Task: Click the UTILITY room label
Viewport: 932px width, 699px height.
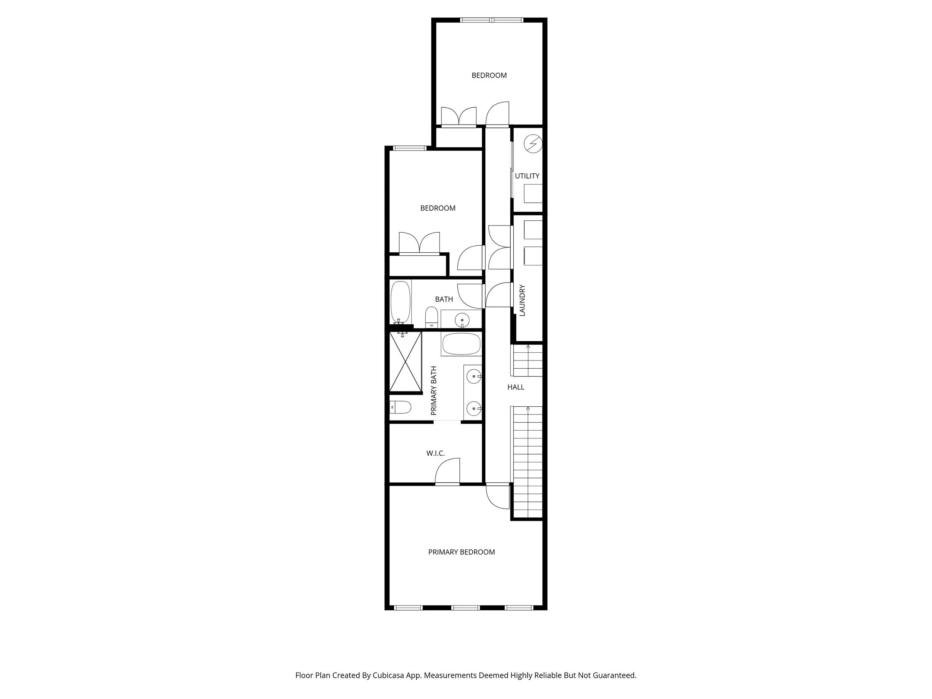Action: pos(527,176)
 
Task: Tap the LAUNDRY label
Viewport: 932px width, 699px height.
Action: pos(522,300)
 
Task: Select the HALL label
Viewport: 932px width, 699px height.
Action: pos(516,387)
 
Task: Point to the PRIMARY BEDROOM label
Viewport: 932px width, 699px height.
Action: pos(462,552)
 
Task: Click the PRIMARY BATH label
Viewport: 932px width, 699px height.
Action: pos(434,391)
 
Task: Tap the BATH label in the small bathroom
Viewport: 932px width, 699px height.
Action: pos(444,299)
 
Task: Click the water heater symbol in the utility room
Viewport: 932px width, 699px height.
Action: pos(533,144)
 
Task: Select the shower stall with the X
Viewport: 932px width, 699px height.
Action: pos(405,362)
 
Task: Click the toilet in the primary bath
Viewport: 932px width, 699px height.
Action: pos(400,407)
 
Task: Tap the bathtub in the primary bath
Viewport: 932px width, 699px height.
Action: pos(462,344)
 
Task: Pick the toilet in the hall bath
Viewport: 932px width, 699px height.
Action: pos(431,317)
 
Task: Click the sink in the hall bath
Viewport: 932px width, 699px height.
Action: pos(462,320)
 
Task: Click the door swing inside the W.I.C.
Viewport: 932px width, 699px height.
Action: pos(448,471)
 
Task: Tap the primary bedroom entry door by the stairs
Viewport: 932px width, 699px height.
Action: pos(497,497)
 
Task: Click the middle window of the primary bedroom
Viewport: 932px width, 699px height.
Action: pos(465,608)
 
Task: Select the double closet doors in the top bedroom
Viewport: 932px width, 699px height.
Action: pos(459,116)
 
